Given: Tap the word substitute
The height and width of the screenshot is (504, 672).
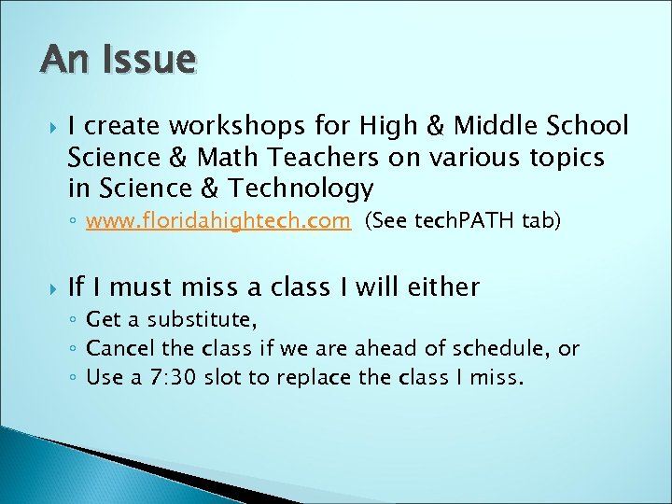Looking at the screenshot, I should tap(197, 320).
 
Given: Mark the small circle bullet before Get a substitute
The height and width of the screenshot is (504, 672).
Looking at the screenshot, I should tap(74, 321).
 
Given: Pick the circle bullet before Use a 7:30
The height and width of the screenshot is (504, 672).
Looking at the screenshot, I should tap(74, 379).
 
